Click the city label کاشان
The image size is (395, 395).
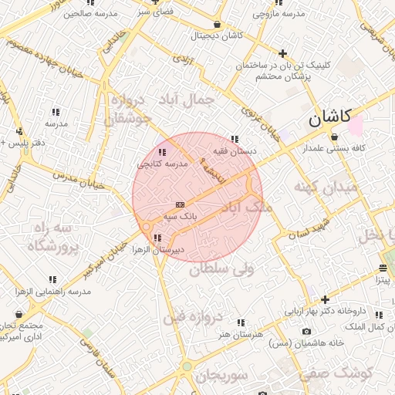(x=329, y=119)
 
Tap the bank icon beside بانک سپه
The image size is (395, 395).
(x=180, y=204)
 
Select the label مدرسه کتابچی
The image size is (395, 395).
(x=163, y=164)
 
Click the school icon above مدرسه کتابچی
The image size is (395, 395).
(x=162, y=152)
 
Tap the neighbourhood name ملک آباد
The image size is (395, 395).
(x=246, y=208)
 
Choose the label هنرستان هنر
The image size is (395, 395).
(x=241, y=334)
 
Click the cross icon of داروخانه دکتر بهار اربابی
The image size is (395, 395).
(x=326, y=299)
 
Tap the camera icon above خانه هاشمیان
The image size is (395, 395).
(x=307, y=331)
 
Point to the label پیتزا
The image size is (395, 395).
(x=383, y=280)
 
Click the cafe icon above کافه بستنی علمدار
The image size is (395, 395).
(x=334, y=137)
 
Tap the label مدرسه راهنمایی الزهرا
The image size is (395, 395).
(x=53, y=292)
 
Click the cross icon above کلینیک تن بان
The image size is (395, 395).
(x=283, y=54)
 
